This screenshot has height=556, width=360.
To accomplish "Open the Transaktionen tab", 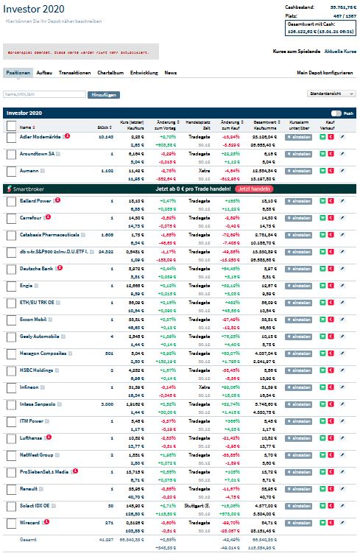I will [x=74, y=73].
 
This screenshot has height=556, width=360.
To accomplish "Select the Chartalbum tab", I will [x=110, y=73].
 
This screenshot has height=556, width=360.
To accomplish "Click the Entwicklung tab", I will [x=144, y=73].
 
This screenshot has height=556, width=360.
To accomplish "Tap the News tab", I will [x=170, y=73].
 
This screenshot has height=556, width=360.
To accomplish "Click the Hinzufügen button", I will [x=104, y=95].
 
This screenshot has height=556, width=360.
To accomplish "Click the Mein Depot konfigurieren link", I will [x=325, y=73].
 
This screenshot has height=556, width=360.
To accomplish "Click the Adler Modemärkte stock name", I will [x=40, y=136].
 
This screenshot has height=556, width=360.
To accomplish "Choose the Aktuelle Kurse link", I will [x=340, y=52].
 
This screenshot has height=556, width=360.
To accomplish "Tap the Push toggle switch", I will [x=336, y=113].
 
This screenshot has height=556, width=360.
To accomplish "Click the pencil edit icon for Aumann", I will [x=342, y=171].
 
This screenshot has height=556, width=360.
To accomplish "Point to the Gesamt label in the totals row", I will [x=27, y=540].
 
